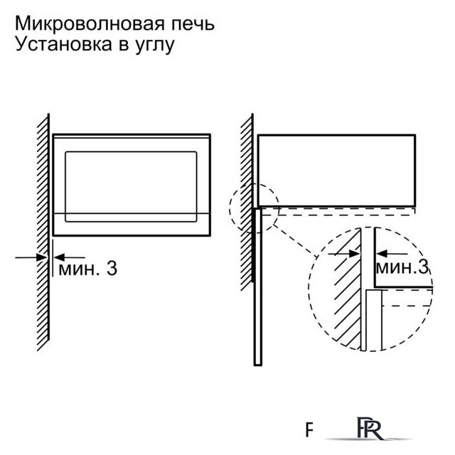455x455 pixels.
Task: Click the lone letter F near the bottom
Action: (310, 430)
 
